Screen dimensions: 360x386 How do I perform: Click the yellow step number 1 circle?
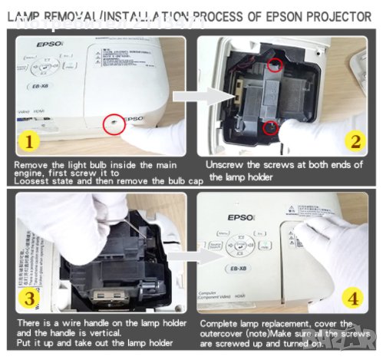[28, 141]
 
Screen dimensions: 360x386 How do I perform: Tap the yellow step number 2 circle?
[355, 140]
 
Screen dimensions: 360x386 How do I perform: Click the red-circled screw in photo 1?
[113, 122]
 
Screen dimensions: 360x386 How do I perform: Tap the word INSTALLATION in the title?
[140, 16]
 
